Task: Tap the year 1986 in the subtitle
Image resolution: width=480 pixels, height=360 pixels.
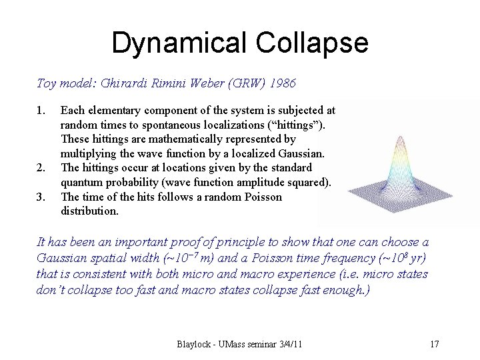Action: click(279, 83)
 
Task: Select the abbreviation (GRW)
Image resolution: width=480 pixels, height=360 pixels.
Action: click(241, 83)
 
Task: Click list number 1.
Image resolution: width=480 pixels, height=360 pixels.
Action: click(41, 110)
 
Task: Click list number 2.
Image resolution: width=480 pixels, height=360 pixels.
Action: click(41, 167)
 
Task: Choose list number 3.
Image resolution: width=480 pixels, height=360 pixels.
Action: click(41, 197)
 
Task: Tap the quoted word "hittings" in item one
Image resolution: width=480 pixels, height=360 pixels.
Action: click(304, 125)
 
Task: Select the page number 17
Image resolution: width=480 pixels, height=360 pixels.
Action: click(435, 345)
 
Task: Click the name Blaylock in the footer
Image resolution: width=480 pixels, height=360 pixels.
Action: click(195, 345)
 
